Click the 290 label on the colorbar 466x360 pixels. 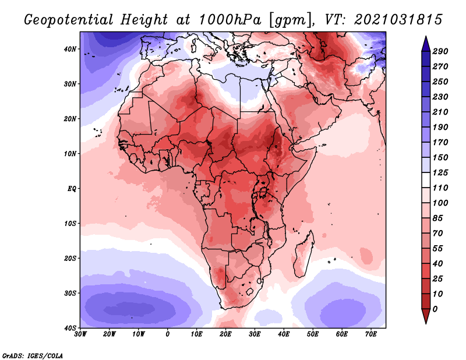pyautogui.click(x=440, y=52)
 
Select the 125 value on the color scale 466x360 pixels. pyautogui.click(x=440, y=173)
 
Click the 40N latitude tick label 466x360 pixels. pyautogui.click(x=70, y=49)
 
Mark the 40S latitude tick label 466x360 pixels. pyautogui.click(x=70, y=327)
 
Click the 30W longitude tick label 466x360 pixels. pyautogui.click(x=80, y=334)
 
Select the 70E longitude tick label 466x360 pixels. pyautogui.click(x=370, y=334)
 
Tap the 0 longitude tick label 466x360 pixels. pyautogui.click(x=168, y=334)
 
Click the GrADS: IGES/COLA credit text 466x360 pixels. pyautogui.click(x=33, y=355)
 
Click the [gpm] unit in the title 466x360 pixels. pyautogui.click(x=287, y=19)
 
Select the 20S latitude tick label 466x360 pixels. pyautogui.click(x=70, y=258)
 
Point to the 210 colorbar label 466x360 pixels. pyautogui.click(x=440, y=112)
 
